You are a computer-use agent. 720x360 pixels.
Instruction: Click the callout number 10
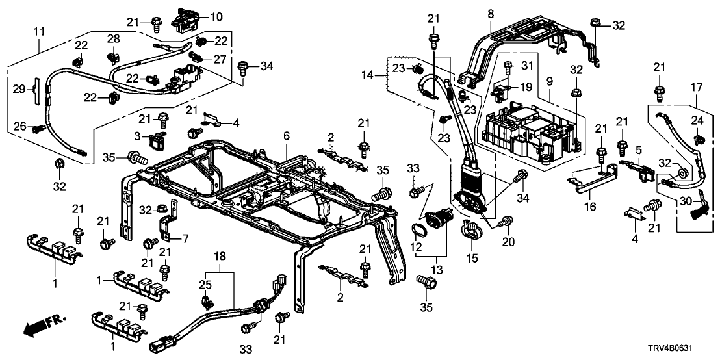(216, 17)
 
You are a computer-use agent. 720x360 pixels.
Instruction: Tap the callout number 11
(39, 31)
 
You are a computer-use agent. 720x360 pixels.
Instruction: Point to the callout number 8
(491, 14)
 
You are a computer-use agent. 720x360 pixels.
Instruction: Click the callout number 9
(550, 83)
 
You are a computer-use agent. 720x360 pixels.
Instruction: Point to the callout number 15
(472, 259)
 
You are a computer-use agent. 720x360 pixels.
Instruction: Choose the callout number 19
(527, 85)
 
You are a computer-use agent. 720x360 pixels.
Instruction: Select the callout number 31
(527, 65)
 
